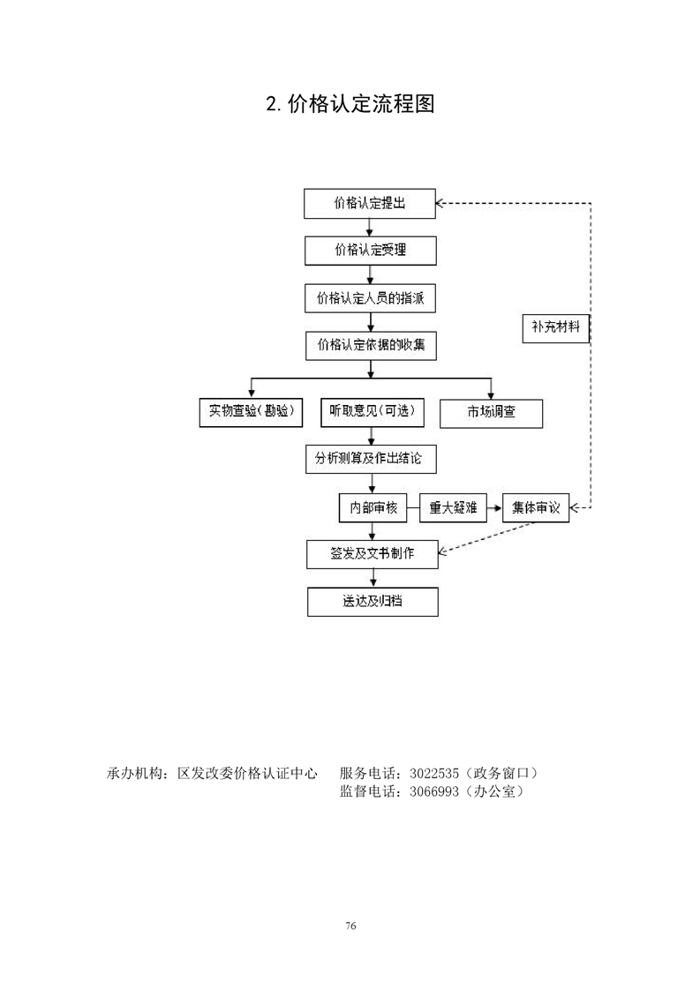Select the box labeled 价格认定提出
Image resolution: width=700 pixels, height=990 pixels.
point(370,203)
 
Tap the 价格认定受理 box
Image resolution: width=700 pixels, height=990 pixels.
point(370,250)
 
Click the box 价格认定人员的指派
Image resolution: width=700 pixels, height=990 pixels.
point(370,298)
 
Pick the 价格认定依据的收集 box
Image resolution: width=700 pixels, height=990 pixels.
point(371,345)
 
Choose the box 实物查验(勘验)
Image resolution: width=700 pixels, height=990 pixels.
point(251,412)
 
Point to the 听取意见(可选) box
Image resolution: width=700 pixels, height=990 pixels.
point(373,412)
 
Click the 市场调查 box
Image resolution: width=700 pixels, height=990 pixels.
point(491,413)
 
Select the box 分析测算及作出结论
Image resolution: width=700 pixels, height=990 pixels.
point(371,459)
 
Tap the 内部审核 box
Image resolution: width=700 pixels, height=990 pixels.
point(373,507)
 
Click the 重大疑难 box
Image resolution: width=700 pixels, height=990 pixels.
point(453,507)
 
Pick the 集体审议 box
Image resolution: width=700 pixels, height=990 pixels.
point(536,507)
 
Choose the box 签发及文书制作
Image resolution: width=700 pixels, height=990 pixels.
point(373,554)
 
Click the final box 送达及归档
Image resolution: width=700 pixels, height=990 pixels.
point(373,601)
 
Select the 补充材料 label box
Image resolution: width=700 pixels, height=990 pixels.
point(555,327)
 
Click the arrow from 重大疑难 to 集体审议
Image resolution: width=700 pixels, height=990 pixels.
point(494,507)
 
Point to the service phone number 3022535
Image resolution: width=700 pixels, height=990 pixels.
point(434,773)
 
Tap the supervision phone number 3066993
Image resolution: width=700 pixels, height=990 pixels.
point(434,791)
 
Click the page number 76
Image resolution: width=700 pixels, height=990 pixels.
point(350,926)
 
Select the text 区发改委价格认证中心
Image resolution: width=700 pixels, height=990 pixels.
point(247,773)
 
